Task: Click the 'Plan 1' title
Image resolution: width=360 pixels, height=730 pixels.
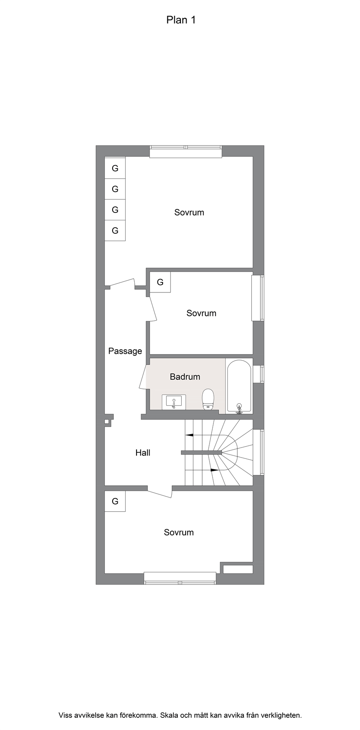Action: [x=181, y=20]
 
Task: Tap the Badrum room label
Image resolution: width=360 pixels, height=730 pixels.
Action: [x=185, y=377]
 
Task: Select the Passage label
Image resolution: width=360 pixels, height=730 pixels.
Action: [x=125, y=351]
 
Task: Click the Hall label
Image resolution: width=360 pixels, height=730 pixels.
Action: [x=143, y=453]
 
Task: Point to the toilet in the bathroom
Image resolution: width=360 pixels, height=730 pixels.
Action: [x=208, y=399]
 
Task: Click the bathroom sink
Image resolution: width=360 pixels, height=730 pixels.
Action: [x=174, y=402]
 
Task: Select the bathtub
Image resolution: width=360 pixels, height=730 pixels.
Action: [x=239, y=387]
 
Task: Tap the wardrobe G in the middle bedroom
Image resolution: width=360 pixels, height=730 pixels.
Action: [x=160, y=282]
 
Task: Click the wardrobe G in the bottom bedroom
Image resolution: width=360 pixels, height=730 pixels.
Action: [x=115, y=501]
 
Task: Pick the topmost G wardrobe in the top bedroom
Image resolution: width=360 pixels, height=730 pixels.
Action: [x=115, y=168]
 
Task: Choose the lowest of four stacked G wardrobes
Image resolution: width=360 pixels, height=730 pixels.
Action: [x=115, y=231]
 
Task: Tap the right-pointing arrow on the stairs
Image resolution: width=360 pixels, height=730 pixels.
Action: [x=214, y=470]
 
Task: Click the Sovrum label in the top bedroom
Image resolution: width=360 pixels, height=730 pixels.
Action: [x=189, y=212]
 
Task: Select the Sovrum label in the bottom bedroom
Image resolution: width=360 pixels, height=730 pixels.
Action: [x=179, y=533]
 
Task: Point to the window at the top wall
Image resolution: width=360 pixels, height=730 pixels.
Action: [x=186, y=152]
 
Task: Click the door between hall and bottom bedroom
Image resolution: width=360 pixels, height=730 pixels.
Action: [x=160, y=492]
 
